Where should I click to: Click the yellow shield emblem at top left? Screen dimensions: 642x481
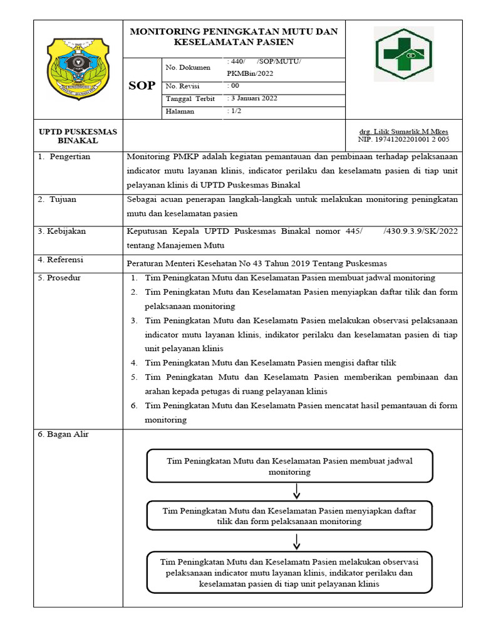click(78, 68)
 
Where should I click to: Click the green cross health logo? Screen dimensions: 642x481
click(403, 55)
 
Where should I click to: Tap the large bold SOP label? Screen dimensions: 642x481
click(142, 86)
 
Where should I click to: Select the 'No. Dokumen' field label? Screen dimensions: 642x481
click(188, 67)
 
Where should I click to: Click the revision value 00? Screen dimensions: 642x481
click(234, 86)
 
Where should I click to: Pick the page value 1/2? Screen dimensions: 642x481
click(235, 111)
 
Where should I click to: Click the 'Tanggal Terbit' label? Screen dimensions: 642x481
click(190, 99)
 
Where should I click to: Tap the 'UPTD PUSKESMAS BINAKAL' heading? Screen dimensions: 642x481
click(78, 136)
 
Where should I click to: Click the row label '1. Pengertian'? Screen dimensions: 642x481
click(65, 157)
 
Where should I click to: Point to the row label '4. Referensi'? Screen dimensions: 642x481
click(61, 260)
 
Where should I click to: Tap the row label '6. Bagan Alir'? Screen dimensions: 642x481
click(63, 434)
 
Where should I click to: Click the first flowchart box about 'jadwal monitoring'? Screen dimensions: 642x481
click(289, 466)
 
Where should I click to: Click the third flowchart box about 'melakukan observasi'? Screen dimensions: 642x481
click(289, 572)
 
